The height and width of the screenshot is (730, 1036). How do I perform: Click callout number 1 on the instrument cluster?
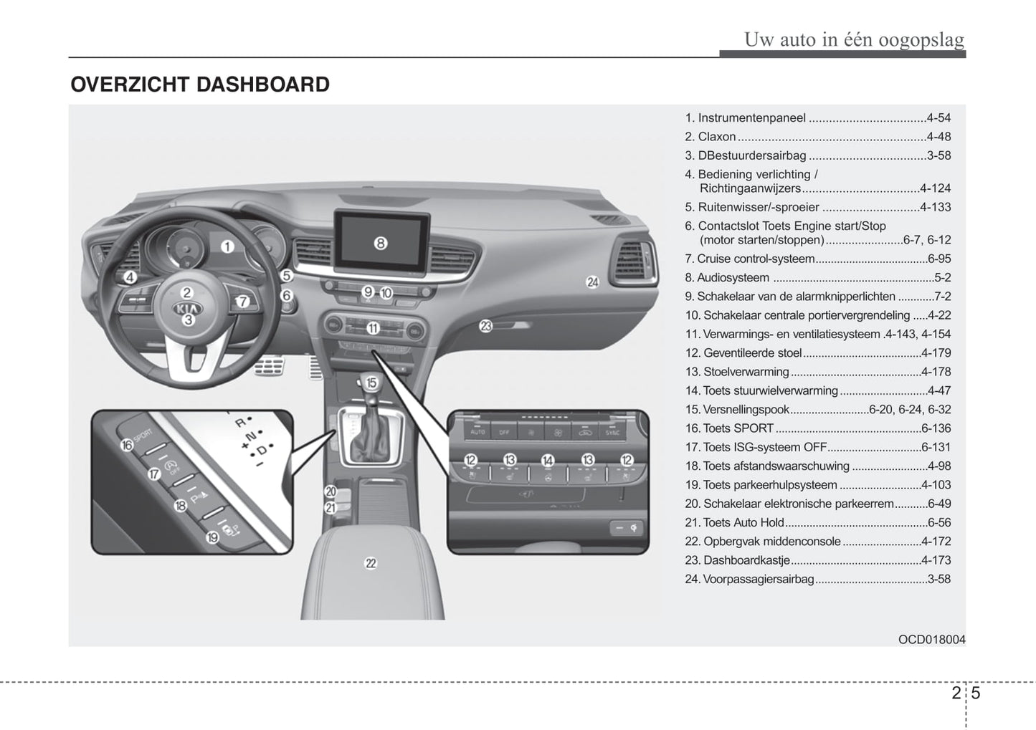point(227,247)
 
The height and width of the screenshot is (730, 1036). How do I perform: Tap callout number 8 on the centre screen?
point(380,243)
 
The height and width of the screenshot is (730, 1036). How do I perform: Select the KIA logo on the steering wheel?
point(187,308)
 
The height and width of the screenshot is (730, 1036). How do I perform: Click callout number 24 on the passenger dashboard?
point(592,282)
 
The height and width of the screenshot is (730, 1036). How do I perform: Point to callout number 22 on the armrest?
point(370,563)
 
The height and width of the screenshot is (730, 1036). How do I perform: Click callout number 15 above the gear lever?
point(371,383)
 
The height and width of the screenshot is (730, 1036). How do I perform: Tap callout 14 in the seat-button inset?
point(548,460)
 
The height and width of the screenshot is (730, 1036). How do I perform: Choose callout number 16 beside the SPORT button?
point(127,445)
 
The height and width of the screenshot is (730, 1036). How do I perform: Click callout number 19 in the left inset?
point(212,537)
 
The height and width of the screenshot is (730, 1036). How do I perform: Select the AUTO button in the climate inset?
point(477,432)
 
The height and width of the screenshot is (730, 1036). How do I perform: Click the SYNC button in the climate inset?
point(612,432)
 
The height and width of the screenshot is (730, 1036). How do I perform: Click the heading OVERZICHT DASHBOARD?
point(200,85)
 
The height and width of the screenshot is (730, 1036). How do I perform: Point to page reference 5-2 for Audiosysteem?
point(942,278)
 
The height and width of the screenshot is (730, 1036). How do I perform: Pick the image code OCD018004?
point(931,640)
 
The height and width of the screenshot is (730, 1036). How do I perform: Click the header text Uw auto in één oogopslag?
point(854,39)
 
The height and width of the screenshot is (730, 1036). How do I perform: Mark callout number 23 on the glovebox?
point(486,326)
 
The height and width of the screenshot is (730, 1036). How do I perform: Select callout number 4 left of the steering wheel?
point(130,277)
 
